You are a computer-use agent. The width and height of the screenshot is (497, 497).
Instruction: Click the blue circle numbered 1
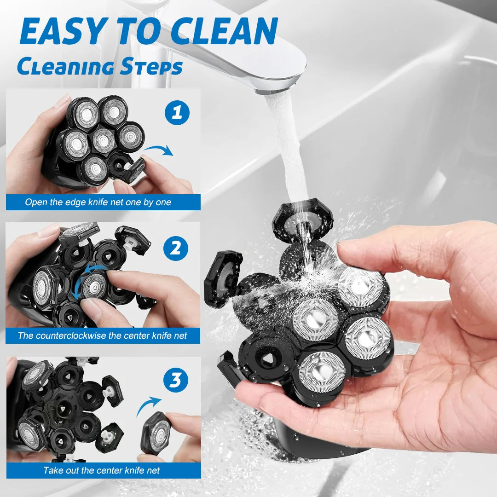(177, 113)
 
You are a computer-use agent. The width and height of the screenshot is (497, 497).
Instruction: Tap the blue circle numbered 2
(176, 248)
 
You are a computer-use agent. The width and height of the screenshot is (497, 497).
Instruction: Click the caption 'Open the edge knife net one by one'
(98, 202)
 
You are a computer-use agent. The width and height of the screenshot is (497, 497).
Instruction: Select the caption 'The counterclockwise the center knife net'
(103, 335)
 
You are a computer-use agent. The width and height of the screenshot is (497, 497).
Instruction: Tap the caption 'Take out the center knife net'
(102, 470)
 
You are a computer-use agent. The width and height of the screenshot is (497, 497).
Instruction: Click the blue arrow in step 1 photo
(159, 150)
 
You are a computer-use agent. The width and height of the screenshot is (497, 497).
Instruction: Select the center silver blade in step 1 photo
(104, 140)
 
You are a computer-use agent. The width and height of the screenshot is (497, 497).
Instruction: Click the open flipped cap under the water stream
(303, 222)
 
